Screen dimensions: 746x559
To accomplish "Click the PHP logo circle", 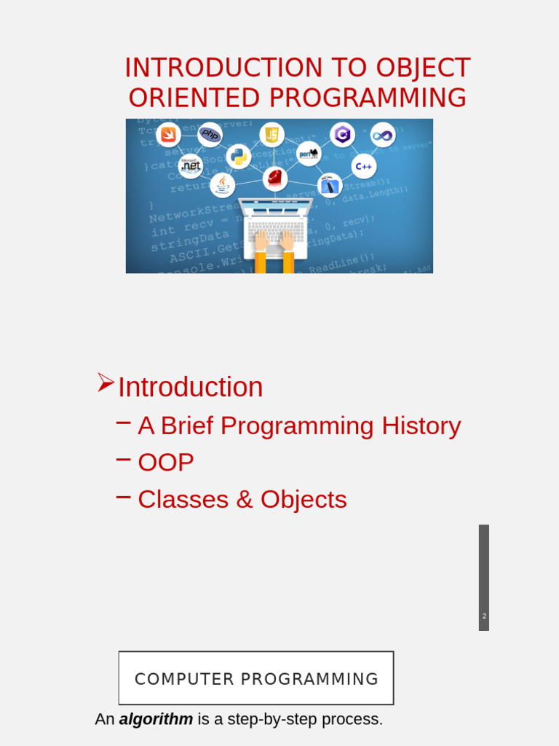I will pyautogui.click(x=210, y=134).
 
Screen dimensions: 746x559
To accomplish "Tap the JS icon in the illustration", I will pyautogui.click(x=271, y=134).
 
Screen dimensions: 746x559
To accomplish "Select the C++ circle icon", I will pyautogui.click(x=364, y=166).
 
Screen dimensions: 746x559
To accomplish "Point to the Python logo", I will pyautogui.click(x=238, y=156).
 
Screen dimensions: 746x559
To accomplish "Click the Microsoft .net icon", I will pyautogui.click(x=191, y=165).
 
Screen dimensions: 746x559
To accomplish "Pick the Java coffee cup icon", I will pyautogui.click(x=222, y=184).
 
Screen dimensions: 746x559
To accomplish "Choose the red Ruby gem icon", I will pyautogui.click(x=275, y=178).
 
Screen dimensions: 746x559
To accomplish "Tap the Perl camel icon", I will pyautogui.click(x=309, y=154).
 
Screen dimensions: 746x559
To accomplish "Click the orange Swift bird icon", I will pyautogui.click(x=169, y=134).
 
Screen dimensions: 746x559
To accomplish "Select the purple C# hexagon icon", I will pyautogui.click(x=342, y=134).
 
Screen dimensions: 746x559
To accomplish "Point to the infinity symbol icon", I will pyautogui.click(x=383, y=135).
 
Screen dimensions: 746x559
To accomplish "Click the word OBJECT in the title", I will pyautogui.click(x=423, y=68).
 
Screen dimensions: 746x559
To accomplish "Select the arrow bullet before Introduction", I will pyautogui.click(x=106, y=382).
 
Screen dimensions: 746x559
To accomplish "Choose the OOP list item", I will pyautogui.click(x=166, y=463).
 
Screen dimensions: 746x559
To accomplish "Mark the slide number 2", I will pyautogui.click(x=484, y=616).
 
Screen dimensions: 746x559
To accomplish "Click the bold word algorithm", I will pyautogui.click(x=156, y=720).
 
